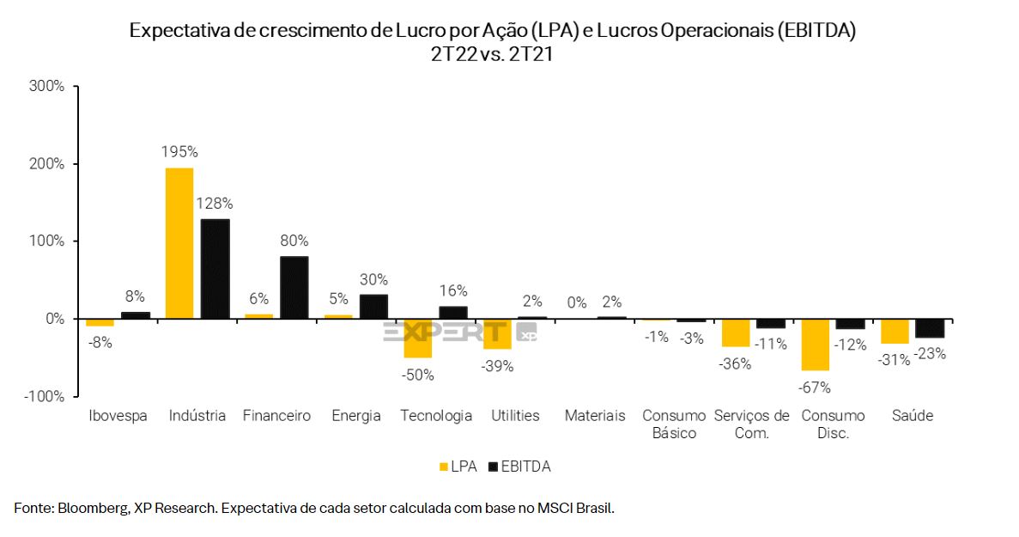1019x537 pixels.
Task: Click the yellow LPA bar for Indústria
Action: (179, 243)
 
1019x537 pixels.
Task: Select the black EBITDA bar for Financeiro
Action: (294, 288)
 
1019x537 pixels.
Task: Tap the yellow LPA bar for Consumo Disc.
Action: (816, 345)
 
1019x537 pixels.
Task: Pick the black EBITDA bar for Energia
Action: (373, 307)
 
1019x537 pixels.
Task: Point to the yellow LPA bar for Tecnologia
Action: (418, 338)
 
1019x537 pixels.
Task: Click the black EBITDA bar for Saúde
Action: (930, 328)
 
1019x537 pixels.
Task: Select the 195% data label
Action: (179, 152)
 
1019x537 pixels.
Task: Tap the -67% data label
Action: (816, 387)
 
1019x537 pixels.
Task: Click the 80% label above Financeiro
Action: (294, 241)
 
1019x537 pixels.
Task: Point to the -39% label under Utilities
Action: (497, 366)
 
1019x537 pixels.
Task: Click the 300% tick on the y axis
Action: (46, 86)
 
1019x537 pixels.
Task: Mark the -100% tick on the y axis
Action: (44, 396)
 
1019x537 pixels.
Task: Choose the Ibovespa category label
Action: (118, 416)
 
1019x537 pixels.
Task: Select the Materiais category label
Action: (595, 416)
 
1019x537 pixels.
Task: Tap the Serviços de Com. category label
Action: (751, 424)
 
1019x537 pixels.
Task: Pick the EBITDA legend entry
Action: (519, 467)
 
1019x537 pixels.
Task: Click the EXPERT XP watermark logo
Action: (459, 333)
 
